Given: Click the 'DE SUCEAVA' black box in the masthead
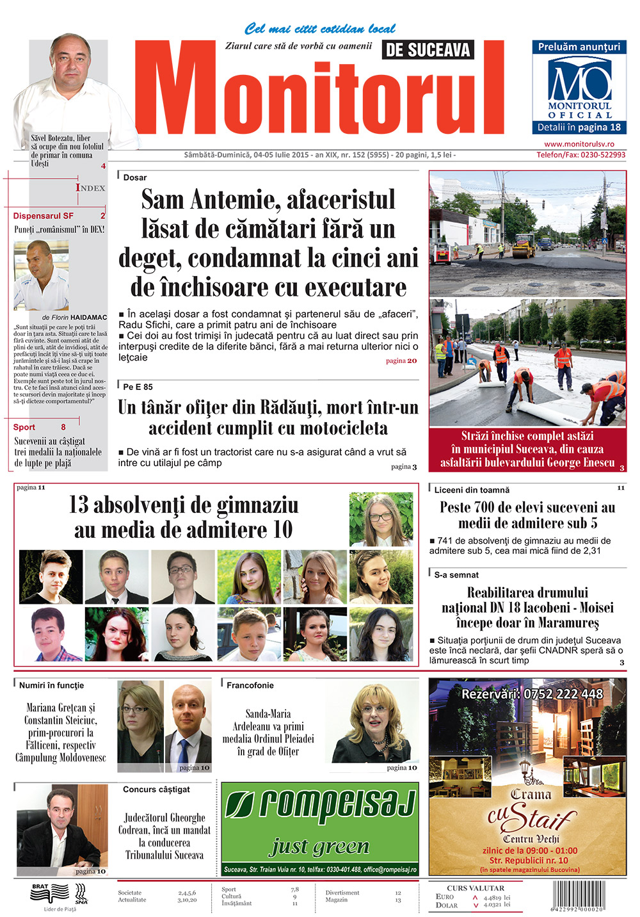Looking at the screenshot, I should (428, 50).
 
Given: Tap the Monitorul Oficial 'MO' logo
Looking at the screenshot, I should (579, 81).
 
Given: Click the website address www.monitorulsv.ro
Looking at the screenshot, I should (579, 144).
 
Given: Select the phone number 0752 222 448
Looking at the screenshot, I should (532, 694).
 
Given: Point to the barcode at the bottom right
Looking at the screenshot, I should (578, 896).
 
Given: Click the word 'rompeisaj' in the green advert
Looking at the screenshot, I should (320, 805).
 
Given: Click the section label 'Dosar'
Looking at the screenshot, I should (134, 177).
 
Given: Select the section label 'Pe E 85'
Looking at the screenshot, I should (138, 387).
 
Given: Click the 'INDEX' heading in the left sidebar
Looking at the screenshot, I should (90, 188).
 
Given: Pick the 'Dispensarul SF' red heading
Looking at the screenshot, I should (44, 216).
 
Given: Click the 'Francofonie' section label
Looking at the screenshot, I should (250, 685).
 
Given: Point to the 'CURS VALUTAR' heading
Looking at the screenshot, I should (476, 888).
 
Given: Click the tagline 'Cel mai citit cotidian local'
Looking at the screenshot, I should (319, 29).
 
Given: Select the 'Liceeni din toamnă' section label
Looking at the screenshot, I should (472, 490).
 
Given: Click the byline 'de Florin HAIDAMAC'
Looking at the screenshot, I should (74, 317).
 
